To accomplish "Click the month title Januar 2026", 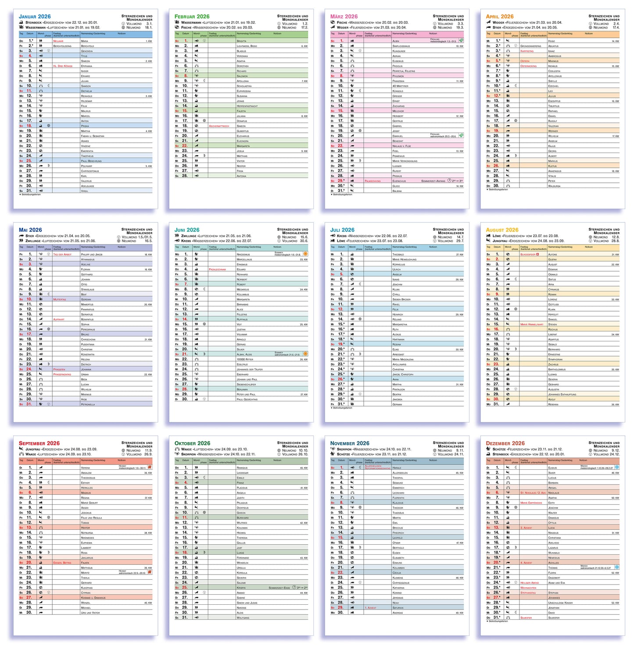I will coord(35,17).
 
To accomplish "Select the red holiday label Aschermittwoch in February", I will coord(219,126).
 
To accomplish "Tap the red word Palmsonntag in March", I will coord(373,181).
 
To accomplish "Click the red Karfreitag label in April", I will coord(527,51).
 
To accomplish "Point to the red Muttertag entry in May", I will coord(59,299).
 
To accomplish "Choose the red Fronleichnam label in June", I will coord(217,270).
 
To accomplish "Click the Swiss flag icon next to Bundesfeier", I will coord(538,254).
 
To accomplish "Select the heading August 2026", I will coord(502,230).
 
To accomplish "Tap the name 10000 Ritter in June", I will coord(245,359).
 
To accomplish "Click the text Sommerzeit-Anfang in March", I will coord(433,181).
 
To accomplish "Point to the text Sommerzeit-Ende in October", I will coord(279,588).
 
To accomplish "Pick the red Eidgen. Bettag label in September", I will coord(62,563).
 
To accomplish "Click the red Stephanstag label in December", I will coord(528,592).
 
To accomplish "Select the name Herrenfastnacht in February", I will coord(247,106).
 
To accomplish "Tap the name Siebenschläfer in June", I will coord(245,384).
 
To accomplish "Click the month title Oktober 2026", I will coord(192,443).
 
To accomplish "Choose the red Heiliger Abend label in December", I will coord(529,583).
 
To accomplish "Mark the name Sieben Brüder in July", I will coord(401,299).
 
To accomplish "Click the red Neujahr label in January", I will coord(58,41).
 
